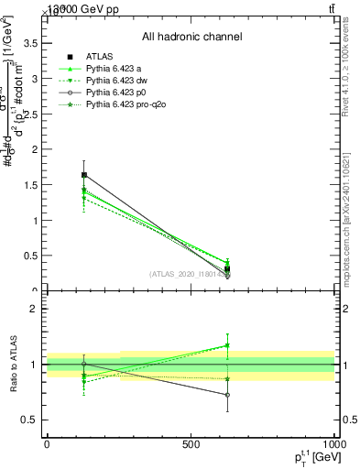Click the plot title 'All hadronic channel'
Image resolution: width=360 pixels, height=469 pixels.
191,38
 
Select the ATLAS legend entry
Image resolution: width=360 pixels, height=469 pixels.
100,56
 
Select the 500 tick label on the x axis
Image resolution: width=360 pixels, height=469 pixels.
191,442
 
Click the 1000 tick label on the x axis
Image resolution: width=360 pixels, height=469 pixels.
333,442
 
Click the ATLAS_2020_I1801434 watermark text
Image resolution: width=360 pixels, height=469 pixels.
189,273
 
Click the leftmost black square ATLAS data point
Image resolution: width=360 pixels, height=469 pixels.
84,174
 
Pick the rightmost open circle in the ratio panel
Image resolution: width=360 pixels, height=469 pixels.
227,395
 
